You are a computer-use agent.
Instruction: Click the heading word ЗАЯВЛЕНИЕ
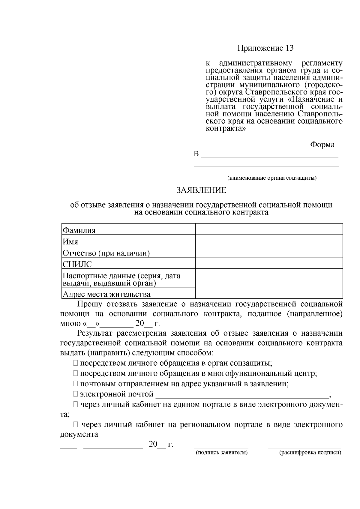tap(201, 190)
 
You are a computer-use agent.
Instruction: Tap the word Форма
tap(322, 145)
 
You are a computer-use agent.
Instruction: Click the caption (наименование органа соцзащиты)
tap(272, 178)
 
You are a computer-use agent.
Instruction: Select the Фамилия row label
tap(79, 230)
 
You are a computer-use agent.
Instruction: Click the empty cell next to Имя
tap(269, 240)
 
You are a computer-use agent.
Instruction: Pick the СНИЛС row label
tap(77, 264)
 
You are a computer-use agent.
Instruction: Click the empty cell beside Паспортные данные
tap(269, 278)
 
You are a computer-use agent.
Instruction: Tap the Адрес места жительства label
tap(106, 294)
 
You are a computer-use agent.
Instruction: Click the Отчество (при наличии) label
tap(106, 253)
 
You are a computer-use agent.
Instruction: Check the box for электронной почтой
tap(75, 394)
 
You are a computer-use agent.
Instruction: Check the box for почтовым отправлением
tap(75, 384)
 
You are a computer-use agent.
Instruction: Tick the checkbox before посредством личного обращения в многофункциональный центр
tap(75, 373)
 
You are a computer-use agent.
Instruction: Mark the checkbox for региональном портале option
tap(76, 424)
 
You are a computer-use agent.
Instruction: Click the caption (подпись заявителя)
tap(221, 453)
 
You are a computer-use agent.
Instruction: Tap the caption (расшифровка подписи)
tap(310, 453)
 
